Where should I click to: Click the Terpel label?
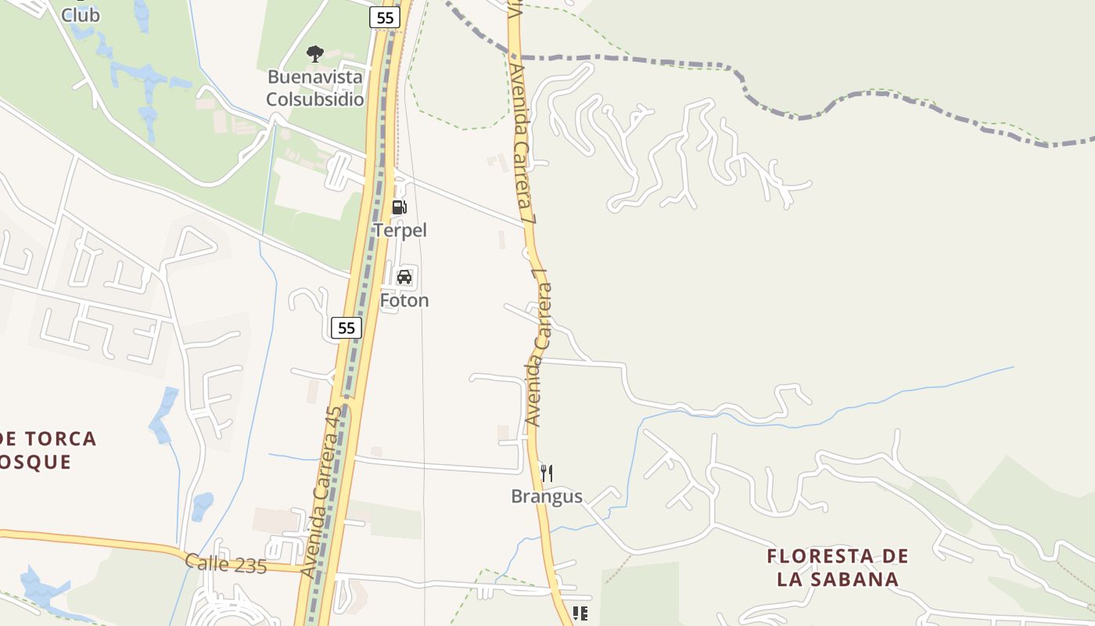(400, 230)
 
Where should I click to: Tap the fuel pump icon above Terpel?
(399, 207)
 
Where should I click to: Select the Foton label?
(404, 300)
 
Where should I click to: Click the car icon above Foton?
(404, 277)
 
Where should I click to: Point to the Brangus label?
(547, 496)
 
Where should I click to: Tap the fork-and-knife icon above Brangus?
(547, 473)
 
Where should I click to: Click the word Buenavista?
(315, 77)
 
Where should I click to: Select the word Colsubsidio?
(315, 99)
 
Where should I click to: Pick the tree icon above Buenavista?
(315, 53)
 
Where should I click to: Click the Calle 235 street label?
(226, 564)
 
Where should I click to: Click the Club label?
(80, 15)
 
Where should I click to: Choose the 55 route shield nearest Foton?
(346, 328)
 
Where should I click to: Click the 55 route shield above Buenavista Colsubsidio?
(385, 17)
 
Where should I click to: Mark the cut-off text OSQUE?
(36, 462)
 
